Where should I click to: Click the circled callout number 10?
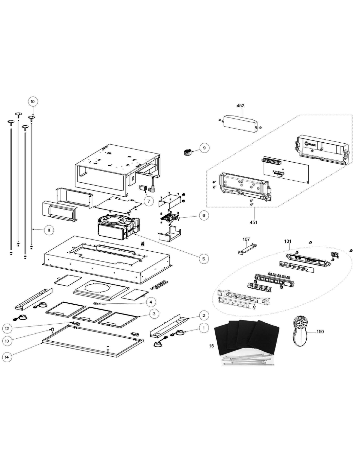point(33,101)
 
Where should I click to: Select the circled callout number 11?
point(49,230)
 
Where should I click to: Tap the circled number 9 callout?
point(204,148)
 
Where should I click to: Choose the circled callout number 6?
point(204,215)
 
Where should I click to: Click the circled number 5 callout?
point(204,259)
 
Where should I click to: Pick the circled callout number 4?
point(151,302)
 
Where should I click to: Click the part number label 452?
point(240,106)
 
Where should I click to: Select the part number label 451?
point(253,223)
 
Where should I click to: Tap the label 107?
point(246,239)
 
